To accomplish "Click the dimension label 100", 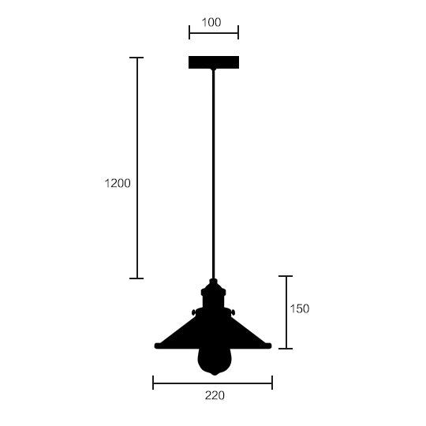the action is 211,22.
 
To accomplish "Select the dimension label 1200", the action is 118,183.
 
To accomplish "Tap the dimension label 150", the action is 300,309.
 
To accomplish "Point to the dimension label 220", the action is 215,395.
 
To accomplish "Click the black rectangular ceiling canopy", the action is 214,62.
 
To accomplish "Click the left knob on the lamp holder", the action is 194,312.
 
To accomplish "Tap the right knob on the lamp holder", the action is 233,312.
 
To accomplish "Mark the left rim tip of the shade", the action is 155,346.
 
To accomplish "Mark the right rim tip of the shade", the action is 271,346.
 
